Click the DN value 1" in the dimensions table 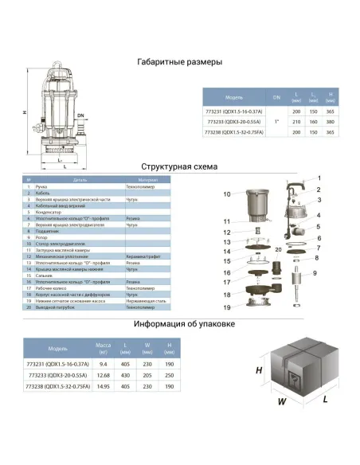[276, 121]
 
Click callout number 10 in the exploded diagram [226, 194]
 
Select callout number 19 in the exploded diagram [226, 307]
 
